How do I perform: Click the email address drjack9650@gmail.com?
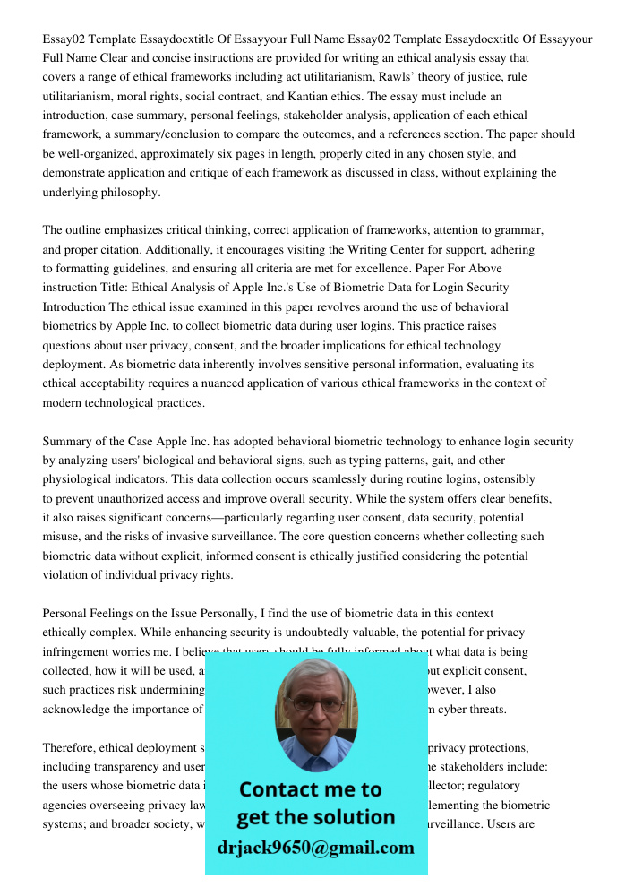(316, 848)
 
